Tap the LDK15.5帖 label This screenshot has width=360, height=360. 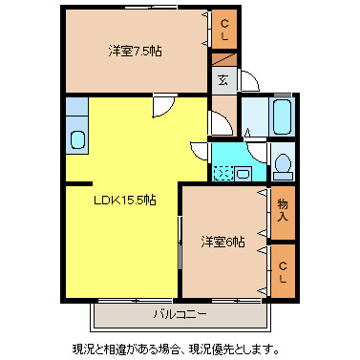pyautogui.click(x=124, y=200)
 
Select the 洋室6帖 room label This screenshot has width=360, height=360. pyautogui.click(x=222, y=243)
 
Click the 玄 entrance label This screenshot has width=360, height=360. pyautogui.click(x=222, y=80)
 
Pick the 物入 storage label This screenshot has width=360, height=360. pyautogui.click(x=283, y=211)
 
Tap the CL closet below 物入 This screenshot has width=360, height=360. pyautogui.click(x=283, y=271)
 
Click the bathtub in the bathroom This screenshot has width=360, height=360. pyautogui.click(x=284, y=117)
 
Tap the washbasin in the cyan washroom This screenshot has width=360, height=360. pyautogui.click(x=244, y=172)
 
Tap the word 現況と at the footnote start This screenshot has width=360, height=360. pyautogui.click(x=90, y=347)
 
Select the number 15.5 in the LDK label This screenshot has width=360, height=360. pyautogui.click(x=133, y=200)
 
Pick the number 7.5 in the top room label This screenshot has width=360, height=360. pyautogui.click(x=138, y=50)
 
